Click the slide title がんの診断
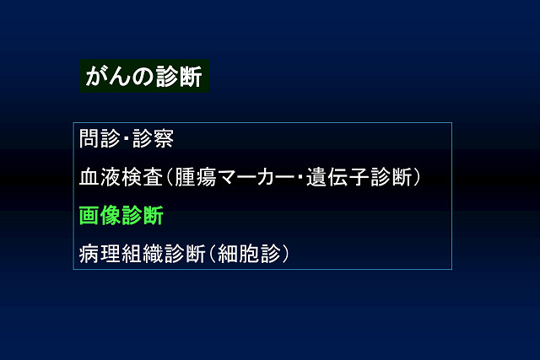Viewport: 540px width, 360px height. coord(144,76)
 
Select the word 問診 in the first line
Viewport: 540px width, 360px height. coord(100,138)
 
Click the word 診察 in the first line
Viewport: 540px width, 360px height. coord(154,138)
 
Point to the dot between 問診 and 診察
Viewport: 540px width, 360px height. coord(127,139)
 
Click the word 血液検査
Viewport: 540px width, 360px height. coord(121,177)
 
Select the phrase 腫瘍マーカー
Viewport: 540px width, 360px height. coord(235,177)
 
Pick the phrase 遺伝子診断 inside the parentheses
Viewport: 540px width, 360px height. coord(359,177)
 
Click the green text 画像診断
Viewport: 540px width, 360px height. coord(121,216)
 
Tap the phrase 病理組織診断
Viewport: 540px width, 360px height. coord(143,254)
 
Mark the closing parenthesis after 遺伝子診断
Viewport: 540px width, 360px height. coord(416,177)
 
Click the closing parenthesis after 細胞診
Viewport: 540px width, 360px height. coord(285,254)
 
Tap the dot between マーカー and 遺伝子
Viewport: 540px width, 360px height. coord(300,177)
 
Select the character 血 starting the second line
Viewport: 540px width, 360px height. coord(89,177)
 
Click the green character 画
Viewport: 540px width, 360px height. coord(89,216)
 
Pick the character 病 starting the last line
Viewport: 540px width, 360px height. coord(89,254)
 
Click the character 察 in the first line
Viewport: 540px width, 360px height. coord(164,138)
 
